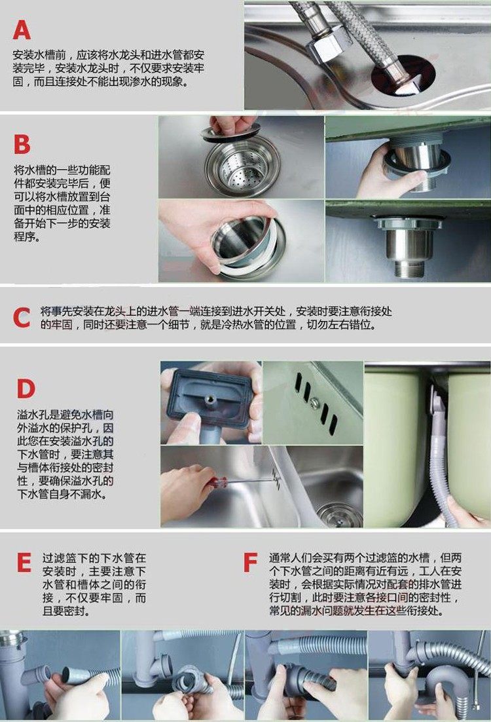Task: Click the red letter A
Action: pyautogui.click(x=22, y=29)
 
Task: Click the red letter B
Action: pyautogui.click(x=22, y=144)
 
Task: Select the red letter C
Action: pyautogui.click(x=22, y=318)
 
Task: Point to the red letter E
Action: pyautogui.click(x=24, y=562)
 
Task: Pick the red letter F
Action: pyautogui.click(x=250, y=562)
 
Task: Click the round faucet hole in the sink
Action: pyautogui.click(x=403, y=76)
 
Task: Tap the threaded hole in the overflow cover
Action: pyautogui.click(x=212, y=398)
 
